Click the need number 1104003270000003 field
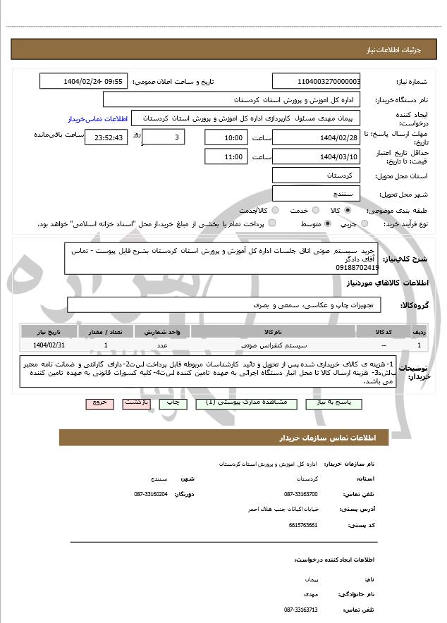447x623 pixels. click(x=317, y=81)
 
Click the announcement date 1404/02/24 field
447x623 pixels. click(x=83, y=81)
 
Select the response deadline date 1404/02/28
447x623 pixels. click(x=317, y=137)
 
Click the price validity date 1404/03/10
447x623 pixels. click(x=317, y=156)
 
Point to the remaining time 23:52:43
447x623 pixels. click(x=106, y=137)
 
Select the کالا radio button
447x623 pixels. click(x=347, y=210)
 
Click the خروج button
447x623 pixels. click(x=98, y=403)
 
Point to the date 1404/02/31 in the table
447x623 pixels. click(x=49, y=345)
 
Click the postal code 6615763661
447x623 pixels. click(x=302, y=525)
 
